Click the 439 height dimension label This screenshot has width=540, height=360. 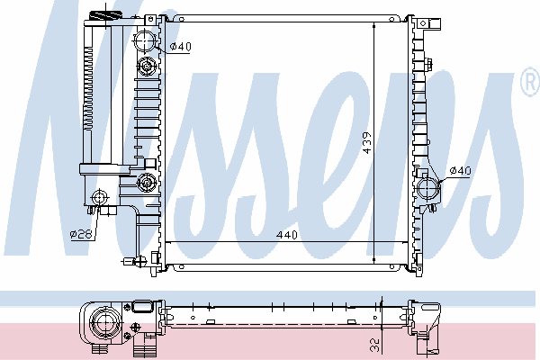pos(367,143)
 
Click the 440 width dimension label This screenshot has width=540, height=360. pos(287,235)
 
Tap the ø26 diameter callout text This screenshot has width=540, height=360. pos(81,234)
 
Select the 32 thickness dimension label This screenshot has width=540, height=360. pos(375,346)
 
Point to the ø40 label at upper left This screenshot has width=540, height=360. pos(181,46)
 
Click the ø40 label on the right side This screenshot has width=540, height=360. pos(461,170)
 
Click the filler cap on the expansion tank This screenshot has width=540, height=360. pos(105,15)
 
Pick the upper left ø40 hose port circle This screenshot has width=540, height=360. pos(145,41)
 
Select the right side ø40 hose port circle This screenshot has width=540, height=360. pos(428,188)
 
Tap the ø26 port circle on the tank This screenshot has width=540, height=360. pos(100,197)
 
